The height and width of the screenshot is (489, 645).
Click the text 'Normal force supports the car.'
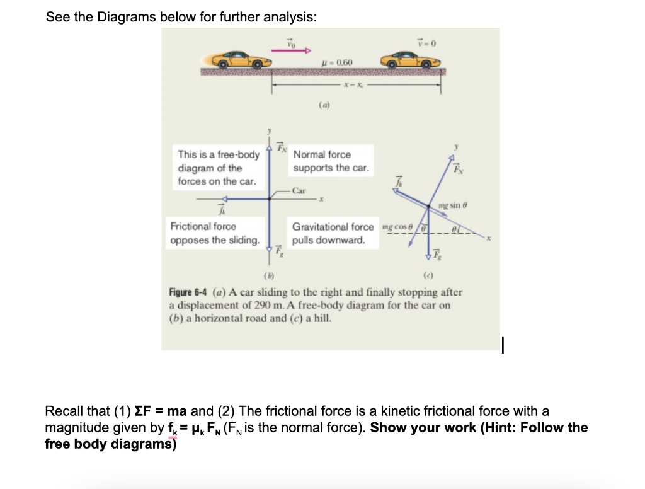[x=331, y=161]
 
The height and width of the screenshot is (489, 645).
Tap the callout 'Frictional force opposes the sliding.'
[x=215, y=233]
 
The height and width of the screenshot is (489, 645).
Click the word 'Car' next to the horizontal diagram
[x=299, y=190]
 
